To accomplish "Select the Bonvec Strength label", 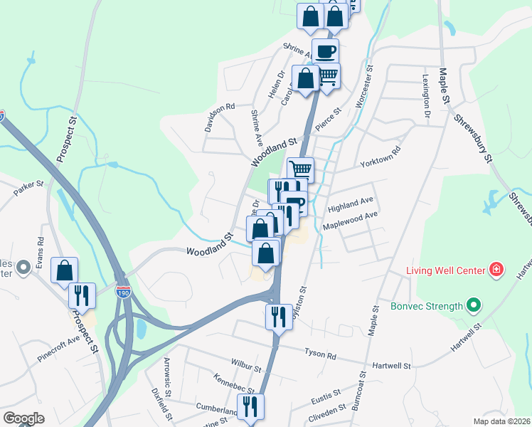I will pos(426,307).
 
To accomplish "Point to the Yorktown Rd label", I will pos(381,156).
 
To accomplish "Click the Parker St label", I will pos(29,188).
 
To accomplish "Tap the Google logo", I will pos(23,418).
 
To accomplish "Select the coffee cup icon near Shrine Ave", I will pos(325,52).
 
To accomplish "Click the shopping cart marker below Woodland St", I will pos(301,170).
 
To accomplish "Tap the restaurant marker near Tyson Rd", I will pos(278,315).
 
